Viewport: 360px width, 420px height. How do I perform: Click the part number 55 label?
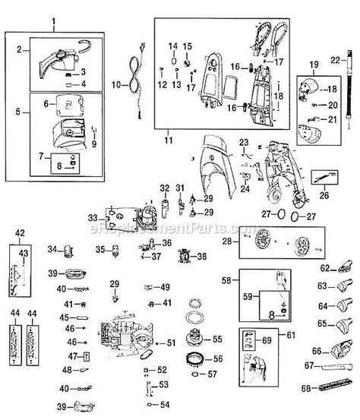coord(217,339)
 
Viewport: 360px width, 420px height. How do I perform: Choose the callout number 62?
coord(324,268)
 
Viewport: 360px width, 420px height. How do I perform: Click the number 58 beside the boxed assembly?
coord(226,280)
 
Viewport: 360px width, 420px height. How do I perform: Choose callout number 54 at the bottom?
coord(164,403)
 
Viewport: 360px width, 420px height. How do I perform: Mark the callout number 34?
coord(52,248)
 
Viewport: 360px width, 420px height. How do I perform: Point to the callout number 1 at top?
coord(53,27)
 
